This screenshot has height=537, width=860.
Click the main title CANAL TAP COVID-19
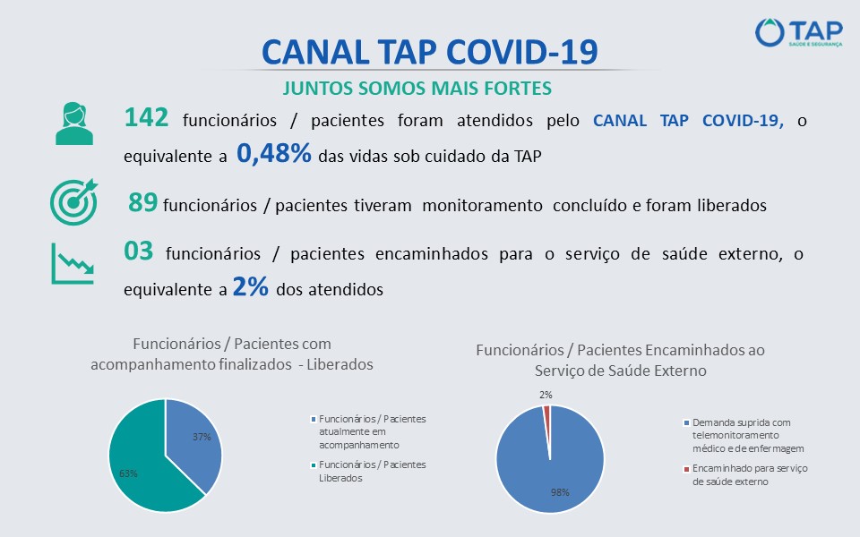(x=429, y=52)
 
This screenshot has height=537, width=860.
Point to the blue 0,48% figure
(x=273, y=153)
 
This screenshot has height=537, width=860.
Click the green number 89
(x=143, y=203)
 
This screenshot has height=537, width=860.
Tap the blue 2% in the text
(x=250, y=286)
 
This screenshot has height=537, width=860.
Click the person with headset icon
(x=74, y=123)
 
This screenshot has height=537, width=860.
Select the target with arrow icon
(x=73, y=203)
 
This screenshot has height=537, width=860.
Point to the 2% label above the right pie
(x=546, y=395)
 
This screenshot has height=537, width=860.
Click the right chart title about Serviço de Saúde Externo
(x=620, y=360)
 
